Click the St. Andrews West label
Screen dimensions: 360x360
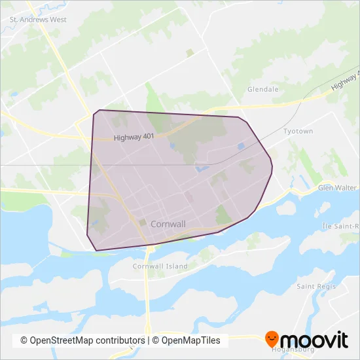click(38, 20)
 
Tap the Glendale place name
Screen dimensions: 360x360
click(263, 89)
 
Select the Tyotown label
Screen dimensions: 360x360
click(298, 132)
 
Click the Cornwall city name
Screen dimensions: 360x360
click(168, 224)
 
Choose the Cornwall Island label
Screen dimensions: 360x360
click(160, 266)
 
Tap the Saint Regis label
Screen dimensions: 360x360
click(316, 287)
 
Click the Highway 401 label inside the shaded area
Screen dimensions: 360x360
click(134, 137)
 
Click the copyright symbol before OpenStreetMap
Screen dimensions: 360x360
click(24, 340)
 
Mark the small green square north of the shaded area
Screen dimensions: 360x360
click(190, 52)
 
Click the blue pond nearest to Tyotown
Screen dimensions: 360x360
click(241, 147)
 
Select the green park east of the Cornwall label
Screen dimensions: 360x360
click(224, 214)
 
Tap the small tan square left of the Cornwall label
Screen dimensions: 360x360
click(143, 222)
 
